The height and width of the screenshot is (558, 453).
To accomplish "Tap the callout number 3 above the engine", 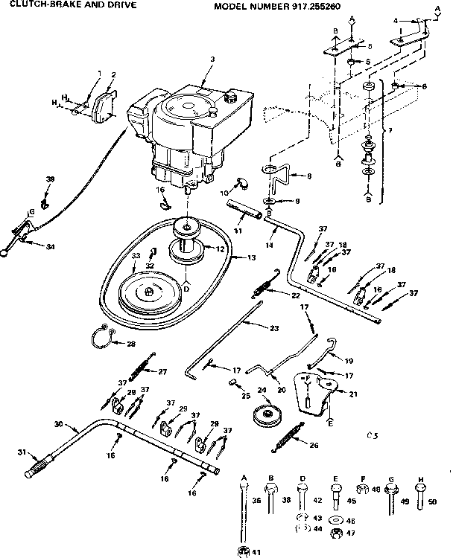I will pos(212,59).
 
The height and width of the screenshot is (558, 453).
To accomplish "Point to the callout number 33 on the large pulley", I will pos(136,256).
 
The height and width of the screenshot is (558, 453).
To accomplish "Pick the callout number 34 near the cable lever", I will pos(29,246).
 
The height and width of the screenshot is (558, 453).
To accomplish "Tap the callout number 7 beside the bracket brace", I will pos(386,132).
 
